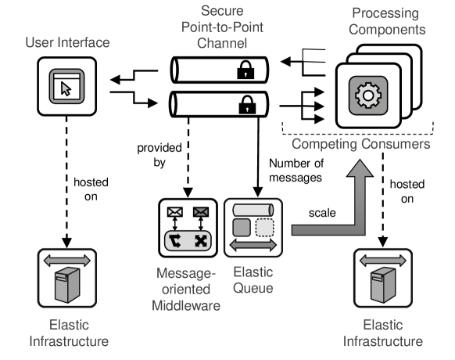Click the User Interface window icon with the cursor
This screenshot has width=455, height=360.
coord(66,86)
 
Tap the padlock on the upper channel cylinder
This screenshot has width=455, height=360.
coord(245,70)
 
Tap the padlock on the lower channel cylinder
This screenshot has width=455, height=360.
coord(247,105)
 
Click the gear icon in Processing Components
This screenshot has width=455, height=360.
coord(368,95)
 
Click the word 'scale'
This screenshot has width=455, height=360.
coord(322,213)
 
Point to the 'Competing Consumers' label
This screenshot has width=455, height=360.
coord(360,144)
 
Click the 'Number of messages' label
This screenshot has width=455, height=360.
coord(296,171)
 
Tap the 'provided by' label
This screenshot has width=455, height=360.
coord(159,155)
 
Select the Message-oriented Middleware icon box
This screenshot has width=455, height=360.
coord(188,228)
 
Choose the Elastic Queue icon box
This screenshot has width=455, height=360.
coord(253,228)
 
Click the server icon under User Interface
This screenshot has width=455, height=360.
coord(67,285)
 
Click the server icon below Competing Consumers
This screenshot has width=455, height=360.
coord(383,285)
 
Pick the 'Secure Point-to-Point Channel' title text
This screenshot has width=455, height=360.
coord(222,27)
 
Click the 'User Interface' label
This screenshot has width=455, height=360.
coord(67,42)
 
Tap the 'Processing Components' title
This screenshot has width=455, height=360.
coord(387,21)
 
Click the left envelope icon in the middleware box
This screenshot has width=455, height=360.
coord(175,212)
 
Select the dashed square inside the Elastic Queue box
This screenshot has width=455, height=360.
coord(265,228)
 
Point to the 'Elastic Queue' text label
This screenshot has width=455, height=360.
coord(253,280)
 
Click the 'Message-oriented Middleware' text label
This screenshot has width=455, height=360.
coord(186,290)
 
